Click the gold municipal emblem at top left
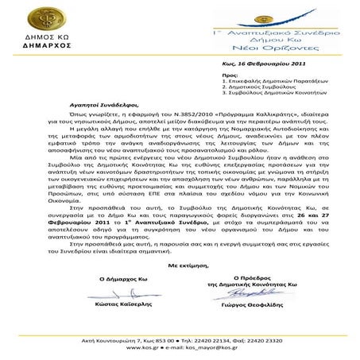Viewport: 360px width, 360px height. point(37,23)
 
